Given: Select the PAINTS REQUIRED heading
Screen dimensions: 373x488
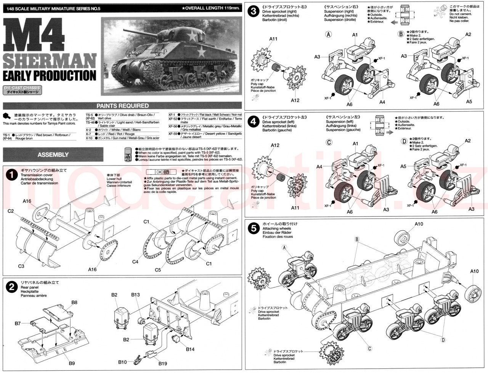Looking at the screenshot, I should pos(122,106).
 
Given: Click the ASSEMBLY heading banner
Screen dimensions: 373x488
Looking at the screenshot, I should pos(53,155).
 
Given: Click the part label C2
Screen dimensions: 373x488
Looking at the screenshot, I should pos(11,211).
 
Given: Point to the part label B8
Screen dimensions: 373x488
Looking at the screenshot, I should pos(74,302).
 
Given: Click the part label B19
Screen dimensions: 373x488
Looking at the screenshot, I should pos(163,363).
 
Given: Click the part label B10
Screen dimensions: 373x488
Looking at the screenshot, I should pos(122,361).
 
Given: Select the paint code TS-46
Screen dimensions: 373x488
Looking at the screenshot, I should pos(90,122).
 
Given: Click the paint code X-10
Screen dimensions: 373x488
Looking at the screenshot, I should pos(89,138).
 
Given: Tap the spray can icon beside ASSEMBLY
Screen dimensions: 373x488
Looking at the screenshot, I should pos(128,155).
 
